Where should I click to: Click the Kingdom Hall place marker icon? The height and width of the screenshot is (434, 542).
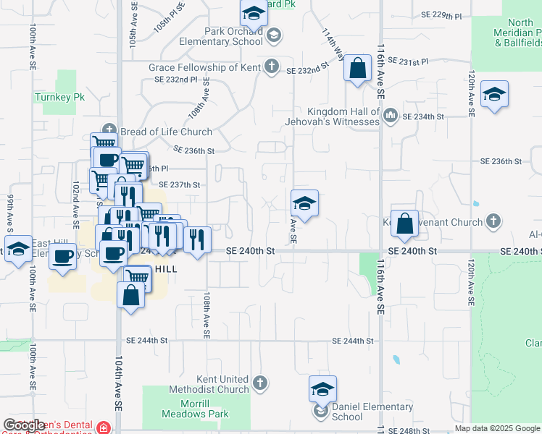(x=390, y=114)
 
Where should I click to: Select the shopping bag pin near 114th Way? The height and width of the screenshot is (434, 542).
(x=357, y=70)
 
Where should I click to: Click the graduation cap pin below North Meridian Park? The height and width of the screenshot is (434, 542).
(x=495, y=95)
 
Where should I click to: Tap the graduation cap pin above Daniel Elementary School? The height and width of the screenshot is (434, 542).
(x=323, y=390)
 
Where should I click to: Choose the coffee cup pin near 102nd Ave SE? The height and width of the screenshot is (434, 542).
(x=63, y=255)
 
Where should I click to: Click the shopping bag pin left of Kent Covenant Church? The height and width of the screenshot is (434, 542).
(x=405, y=224)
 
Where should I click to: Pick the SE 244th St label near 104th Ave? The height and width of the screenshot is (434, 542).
(x=146, y=340)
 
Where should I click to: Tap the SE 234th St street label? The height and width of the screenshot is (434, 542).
(x=422, y=116)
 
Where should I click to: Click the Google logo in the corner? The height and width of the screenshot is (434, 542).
(x=24, y=425)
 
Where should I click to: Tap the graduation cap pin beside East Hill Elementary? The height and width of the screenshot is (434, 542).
(x=18, y=249)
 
